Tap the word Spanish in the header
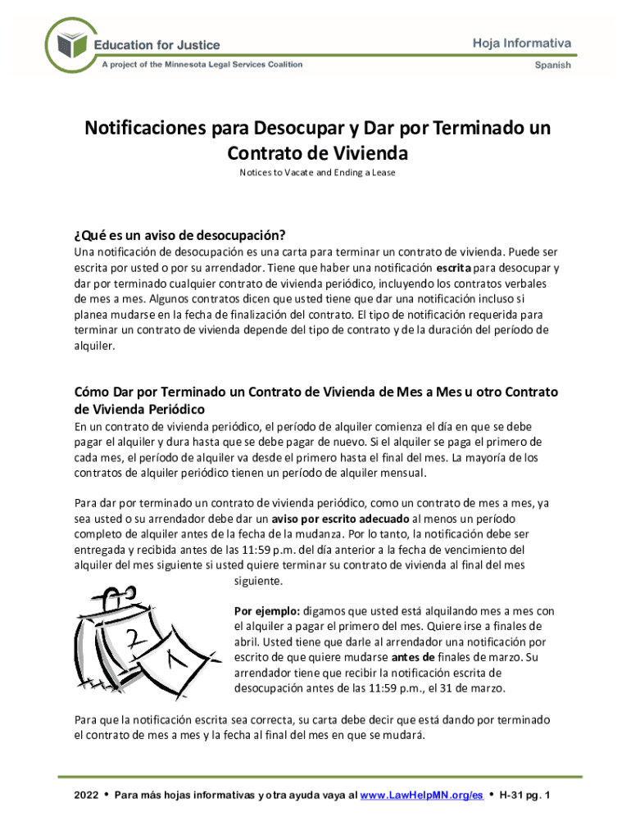[553, 66]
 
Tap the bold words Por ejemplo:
[267, 610]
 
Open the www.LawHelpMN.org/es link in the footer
[421, 796]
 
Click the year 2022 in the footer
[86, 796]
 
